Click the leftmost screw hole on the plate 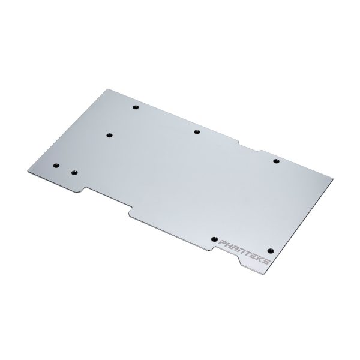pyautogui.click(x=56, y=166)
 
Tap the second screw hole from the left pyautogui.click(x=74, y=173)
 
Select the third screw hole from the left pyautogui.click(x=110, y=135)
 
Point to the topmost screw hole pyautogui.click(x=136, y=107)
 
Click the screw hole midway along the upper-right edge pyautogui.click(x=197, y=132)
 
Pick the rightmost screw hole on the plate pyautogui.click(x=276, y=161)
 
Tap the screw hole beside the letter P pyautogui.click(x=214, y=239)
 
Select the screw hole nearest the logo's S pyautogui.click(x=271, y=250)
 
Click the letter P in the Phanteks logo pyautogui.click(x=223, y=242)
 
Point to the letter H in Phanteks pyautogui.click(x=230, y=245)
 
